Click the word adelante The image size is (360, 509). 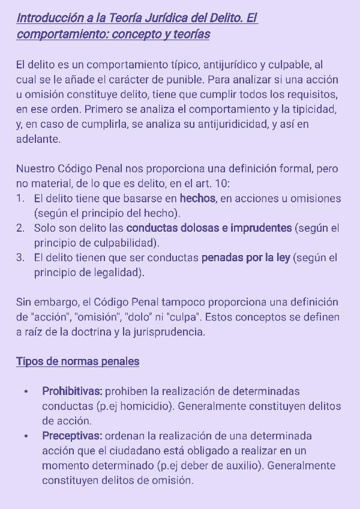pos(38,139)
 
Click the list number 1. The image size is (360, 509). pos(20,199)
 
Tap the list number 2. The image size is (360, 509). pos(20,228)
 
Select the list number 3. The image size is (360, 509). pos(20,258)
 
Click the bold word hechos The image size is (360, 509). pos(197,199)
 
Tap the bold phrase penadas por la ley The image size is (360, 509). pos(245,258)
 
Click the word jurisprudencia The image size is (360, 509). pos(170,332)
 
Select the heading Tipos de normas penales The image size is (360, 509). pos(77,361)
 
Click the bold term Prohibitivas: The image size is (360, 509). pos(72,391)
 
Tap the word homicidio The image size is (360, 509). pos(146,406)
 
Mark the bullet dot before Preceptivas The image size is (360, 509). pos(26,436)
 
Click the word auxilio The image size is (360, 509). pos(244,466)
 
